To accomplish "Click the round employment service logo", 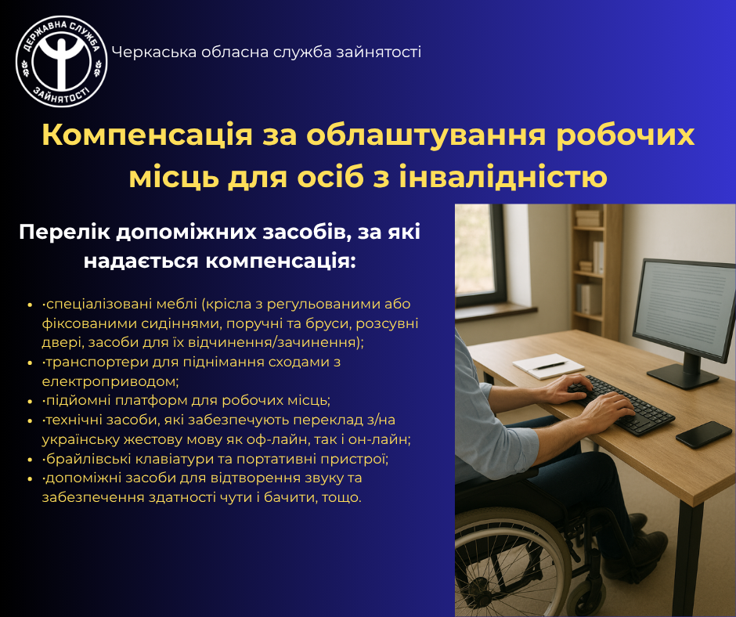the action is (x=62, y=62).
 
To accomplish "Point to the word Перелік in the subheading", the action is (x=64, y=233).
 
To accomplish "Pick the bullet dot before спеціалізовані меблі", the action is (x=31, y=305).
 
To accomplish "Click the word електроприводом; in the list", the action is (x=110, y=381).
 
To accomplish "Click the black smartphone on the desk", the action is (x=704, y=435).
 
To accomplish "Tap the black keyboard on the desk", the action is (x=621, y=406).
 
